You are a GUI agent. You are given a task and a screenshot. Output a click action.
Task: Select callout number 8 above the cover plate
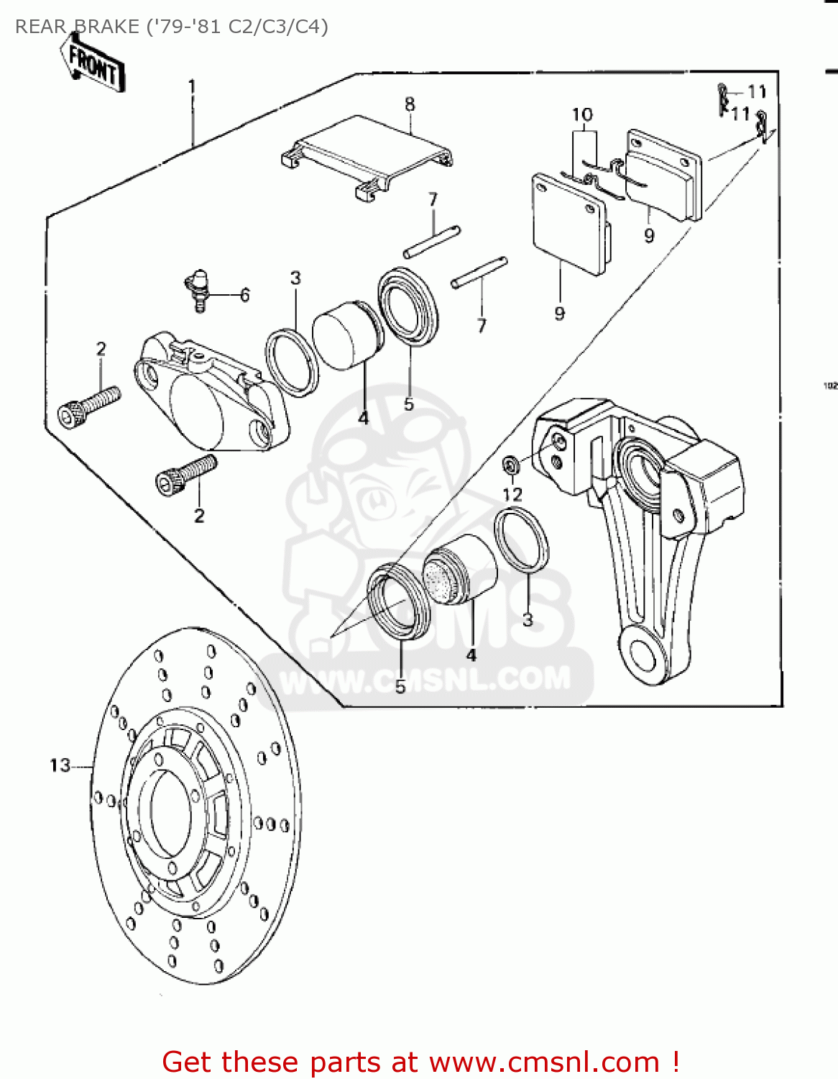410,104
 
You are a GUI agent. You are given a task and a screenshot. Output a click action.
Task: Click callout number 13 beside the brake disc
60,765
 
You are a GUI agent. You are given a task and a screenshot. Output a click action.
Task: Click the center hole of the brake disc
170,810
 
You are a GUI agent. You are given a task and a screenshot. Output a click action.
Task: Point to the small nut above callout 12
511,465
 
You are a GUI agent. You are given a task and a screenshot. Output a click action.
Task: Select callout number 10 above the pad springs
582,115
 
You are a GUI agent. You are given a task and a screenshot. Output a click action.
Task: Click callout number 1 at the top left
192,86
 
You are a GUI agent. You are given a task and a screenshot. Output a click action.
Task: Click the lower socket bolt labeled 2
185,473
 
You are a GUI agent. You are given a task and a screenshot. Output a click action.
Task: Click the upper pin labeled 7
431,242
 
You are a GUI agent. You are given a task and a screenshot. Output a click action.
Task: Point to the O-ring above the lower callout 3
522,540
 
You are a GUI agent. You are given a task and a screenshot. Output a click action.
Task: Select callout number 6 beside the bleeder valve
245,295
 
